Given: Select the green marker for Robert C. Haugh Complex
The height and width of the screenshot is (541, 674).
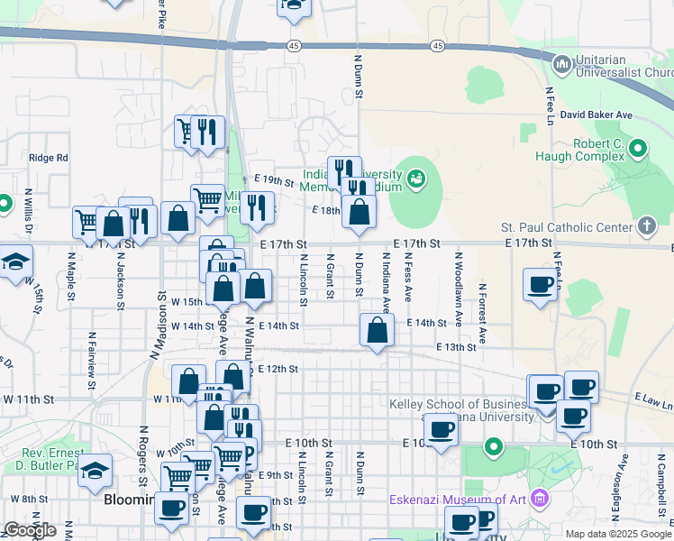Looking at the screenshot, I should [639, 147].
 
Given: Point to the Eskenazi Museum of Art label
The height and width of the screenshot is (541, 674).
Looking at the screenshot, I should [459, 500].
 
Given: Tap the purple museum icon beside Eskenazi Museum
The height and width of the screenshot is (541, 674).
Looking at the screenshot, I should [540, 498].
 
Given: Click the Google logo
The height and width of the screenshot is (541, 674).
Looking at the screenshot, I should [30, 530].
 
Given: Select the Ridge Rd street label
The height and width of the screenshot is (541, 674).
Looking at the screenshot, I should [49, 157].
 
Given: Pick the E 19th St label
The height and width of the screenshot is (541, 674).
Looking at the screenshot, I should [274, 181].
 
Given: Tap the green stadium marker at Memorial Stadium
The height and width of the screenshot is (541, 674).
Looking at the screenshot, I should [415, 179].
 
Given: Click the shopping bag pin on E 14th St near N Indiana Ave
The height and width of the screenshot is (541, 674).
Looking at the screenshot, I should [377, 331].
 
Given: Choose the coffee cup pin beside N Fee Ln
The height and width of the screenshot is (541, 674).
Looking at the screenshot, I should [540, 286].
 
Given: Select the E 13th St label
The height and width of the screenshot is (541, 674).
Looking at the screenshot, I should [455, 347].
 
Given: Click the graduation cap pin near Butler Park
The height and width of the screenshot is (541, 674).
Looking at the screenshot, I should [95, 471].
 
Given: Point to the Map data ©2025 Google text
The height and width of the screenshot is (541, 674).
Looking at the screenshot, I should [616, 533].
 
